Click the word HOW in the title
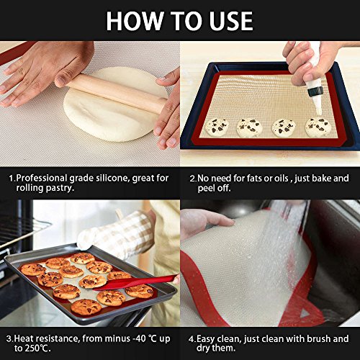click(135, 21)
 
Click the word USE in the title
click(231, 21)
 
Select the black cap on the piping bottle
click(316, 92)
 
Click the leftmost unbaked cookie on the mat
click(217, 127)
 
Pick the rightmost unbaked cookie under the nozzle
click(318, 127)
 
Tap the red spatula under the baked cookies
click(135, 283)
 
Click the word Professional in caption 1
click(42, 179)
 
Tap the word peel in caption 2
click(206, 189)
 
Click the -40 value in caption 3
click(140, 338)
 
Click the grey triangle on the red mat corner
click(304, 313)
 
